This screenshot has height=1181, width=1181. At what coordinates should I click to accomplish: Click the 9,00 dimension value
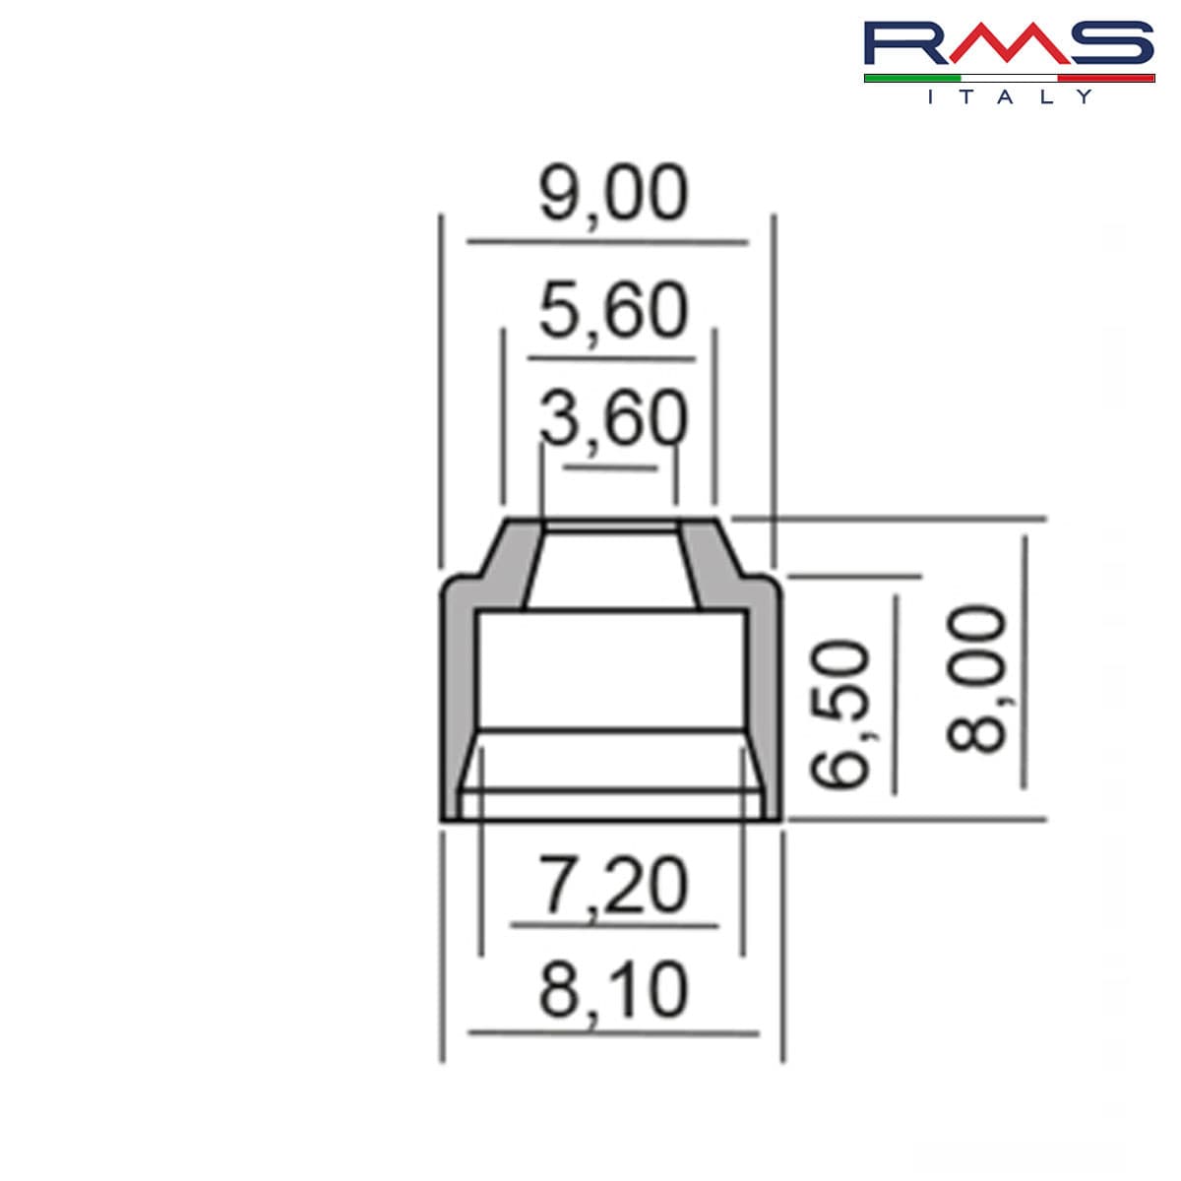coord(612,195)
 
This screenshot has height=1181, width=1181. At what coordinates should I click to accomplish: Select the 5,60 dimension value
coord(612,312)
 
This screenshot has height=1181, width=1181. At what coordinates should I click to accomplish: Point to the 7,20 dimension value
coord(612,886)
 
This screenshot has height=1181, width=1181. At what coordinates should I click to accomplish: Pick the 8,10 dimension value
coord(612,992)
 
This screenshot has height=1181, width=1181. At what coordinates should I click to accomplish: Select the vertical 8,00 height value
coord(976,679)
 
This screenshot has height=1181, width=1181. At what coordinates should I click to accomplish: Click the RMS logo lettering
coord(1009,44)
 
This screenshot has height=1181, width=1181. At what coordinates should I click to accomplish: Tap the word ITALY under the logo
coord(1009,96)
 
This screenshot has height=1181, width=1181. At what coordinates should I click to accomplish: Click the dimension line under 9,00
coord(607,241)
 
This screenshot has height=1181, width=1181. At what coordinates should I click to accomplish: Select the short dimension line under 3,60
coord(610,466)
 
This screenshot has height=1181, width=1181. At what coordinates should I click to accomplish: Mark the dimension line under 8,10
coord(613,1032)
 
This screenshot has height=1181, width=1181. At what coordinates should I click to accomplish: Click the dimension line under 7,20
coord(614,925)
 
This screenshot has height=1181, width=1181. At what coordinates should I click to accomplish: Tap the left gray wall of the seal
coord(458,699)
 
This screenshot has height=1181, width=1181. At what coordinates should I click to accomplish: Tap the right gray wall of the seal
coord(763,699)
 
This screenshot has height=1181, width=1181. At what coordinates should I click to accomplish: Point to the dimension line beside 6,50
coord(895,694)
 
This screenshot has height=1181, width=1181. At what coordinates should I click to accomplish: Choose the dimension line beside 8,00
coord(1025,661)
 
